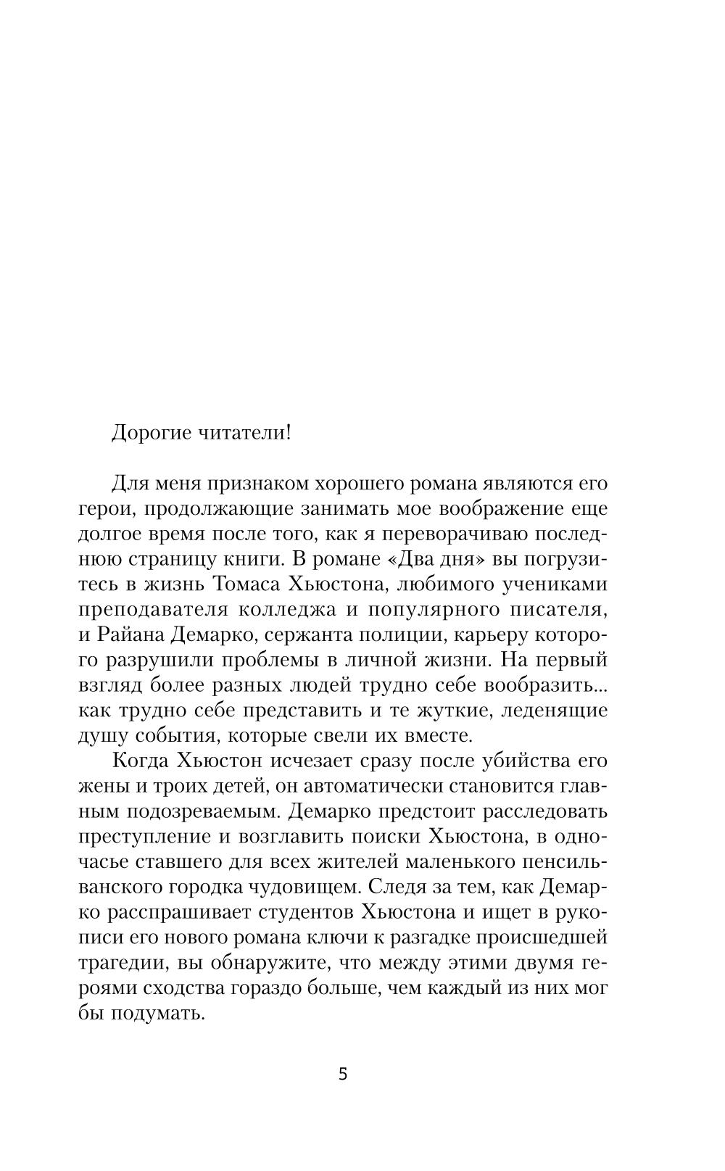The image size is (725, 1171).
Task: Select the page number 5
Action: [x=343, y=1074]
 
